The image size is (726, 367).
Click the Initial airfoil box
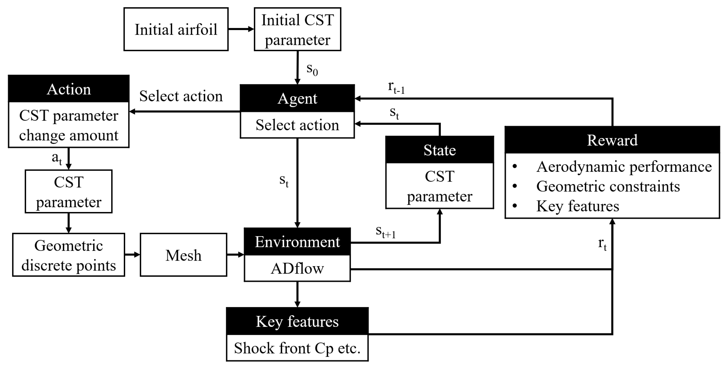176,29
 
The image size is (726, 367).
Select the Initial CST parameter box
297,29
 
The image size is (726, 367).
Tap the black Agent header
297,98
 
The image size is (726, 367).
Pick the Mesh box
184,255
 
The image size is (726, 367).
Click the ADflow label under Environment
297,268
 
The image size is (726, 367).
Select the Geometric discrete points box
68,255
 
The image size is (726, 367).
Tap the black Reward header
612,140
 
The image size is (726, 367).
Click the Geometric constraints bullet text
608,186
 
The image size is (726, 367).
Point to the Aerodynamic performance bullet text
624,167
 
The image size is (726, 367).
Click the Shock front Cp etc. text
297,348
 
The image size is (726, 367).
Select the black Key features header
297,321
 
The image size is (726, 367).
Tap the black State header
439,150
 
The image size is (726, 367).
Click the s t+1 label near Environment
385,232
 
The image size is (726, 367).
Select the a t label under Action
57,158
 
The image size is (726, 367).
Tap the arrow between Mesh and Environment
235,255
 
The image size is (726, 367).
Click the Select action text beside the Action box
181,96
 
